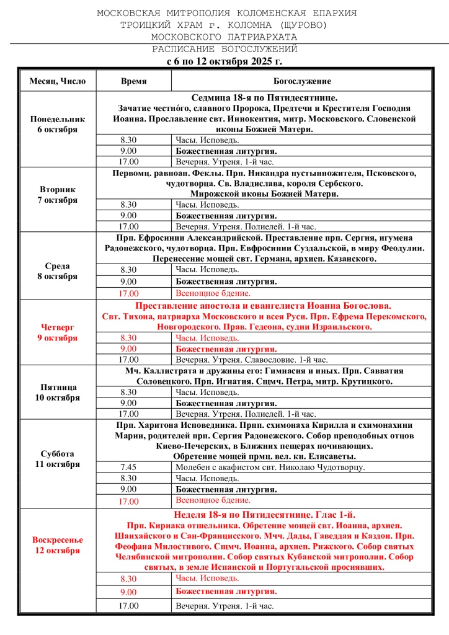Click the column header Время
tap(133, 81)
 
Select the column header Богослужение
tap(302, 81)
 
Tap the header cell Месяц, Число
tap(58, 81)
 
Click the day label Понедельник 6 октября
tap(58, 124)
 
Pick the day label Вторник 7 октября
tap(58, 195)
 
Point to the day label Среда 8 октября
tap(58, 271)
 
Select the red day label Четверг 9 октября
tap(58, 332)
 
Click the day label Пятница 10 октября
tap(58, 392)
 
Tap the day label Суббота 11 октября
tap(58, 458)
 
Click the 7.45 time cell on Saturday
tap(129, 467)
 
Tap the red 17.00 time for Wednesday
tap(129, 293)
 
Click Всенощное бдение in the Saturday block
tap(213, 500)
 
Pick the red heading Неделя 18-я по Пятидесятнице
tap(264, 515)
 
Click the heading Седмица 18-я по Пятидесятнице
tap(264, 97)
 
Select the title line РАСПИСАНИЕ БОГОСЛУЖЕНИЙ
tap(225, 49)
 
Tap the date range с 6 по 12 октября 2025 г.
tap(225, 62)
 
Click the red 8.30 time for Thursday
tap(129, 338)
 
